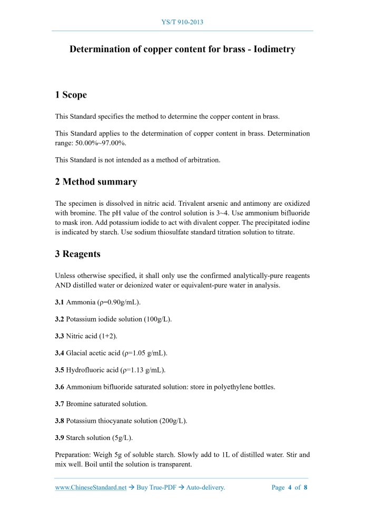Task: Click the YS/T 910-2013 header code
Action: [x=182, y=22]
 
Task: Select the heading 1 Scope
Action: [x=71, y=95]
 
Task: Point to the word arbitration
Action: [x=203, y=160]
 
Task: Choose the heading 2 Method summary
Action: [x=96, y=182]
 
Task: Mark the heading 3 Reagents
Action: [x=77, y=254]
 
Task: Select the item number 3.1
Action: [x=60, y=302]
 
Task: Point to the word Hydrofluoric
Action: [x=85, y=370]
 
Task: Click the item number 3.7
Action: [x=60, y=404]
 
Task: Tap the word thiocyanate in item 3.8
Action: [x=115, y=420]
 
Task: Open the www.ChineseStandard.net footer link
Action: [x=91, y=487]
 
